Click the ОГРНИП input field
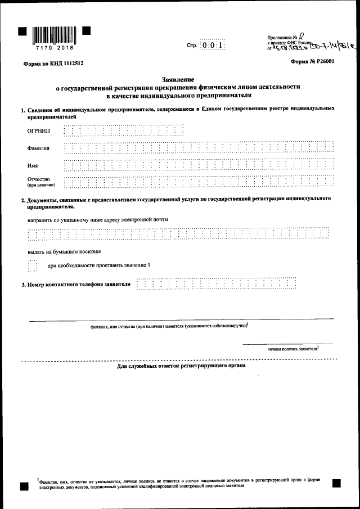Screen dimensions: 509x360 [124, 130]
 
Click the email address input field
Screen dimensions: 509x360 [178, 234]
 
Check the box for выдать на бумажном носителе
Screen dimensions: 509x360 [33, 265]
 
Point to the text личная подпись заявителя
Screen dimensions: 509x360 [292, 349]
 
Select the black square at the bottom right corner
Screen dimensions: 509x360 [336, 483]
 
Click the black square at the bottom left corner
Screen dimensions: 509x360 [24, 486]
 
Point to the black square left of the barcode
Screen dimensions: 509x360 [22, 30]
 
